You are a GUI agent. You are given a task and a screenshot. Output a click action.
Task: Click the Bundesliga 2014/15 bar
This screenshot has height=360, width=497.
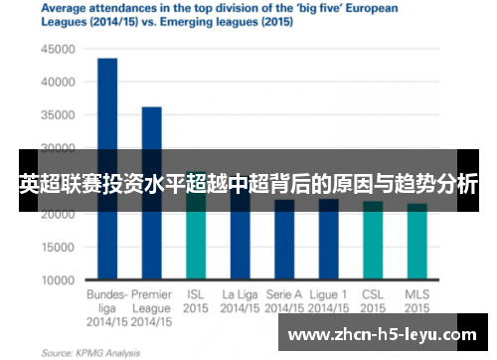107,119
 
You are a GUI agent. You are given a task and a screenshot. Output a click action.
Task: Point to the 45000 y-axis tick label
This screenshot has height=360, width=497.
58,48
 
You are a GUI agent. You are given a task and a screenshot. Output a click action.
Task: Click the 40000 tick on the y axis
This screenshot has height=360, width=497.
58,81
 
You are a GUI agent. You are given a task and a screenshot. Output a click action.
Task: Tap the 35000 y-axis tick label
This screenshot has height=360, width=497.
58,114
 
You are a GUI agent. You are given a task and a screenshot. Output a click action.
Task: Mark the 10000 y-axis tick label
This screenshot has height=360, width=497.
58,280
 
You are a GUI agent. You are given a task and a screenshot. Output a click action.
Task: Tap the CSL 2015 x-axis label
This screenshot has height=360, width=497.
373,301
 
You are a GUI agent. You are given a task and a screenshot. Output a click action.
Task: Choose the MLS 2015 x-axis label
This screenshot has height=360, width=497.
417,301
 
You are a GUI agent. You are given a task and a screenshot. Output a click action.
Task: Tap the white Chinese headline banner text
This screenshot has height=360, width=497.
248,184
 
